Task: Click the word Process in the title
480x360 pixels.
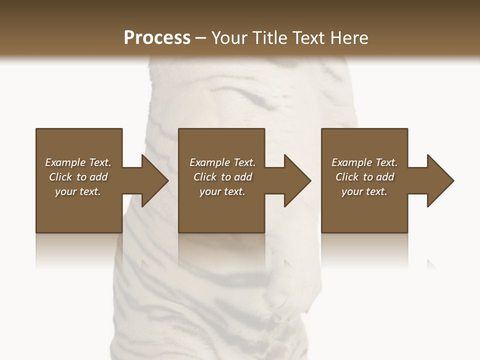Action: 157,38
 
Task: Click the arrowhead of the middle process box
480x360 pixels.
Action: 297,180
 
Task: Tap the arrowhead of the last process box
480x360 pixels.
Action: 440,180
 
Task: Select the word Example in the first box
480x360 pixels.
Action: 65,162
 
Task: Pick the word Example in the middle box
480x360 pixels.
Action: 209,162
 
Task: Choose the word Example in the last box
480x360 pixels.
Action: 351,162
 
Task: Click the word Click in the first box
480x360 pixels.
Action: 60,177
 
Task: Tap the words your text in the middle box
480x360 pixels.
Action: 222,191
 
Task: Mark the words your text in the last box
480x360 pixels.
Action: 364,191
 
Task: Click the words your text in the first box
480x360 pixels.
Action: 78,191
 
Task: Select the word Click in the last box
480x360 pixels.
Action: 347,177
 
